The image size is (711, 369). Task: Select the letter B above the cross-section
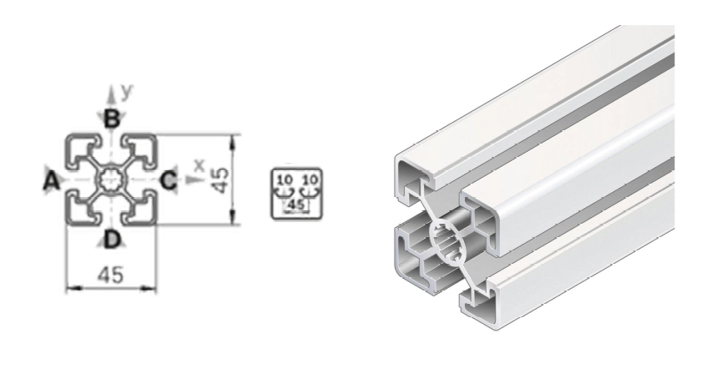click(x=111, y=119)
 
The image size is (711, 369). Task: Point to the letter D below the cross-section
click(x=111, y=240)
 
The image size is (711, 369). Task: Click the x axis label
click(x=199, y=164)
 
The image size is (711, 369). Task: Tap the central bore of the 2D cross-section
click(x=111, y=179)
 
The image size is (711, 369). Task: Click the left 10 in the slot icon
click(x=285, y=179)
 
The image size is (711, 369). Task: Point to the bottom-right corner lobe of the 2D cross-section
click(x=140, y=209)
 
